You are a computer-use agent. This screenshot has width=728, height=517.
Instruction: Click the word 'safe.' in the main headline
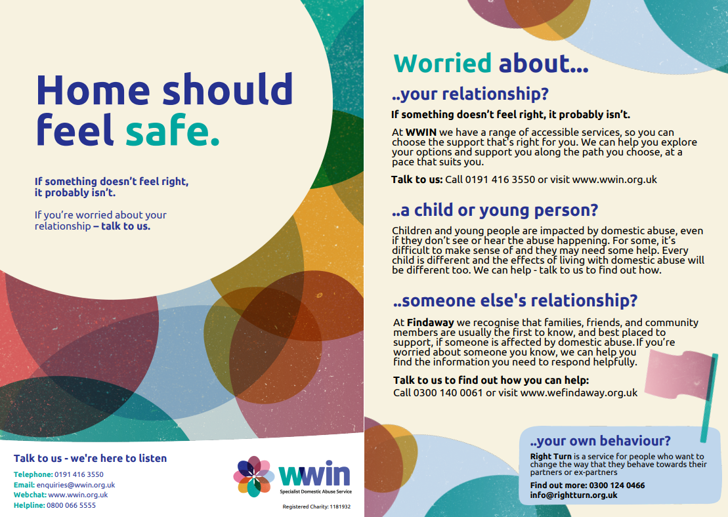172,130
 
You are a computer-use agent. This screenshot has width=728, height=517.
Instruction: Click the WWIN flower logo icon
253,476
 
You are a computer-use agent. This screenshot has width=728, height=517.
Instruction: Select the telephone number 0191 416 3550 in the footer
79,474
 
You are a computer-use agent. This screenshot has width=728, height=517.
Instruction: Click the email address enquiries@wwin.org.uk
75,485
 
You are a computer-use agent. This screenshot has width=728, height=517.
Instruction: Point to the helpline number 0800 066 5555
71,505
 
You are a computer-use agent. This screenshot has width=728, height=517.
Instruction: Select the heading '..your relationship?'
470,94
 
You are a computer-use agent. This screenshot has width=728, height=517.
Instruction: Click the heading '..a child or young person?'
495,210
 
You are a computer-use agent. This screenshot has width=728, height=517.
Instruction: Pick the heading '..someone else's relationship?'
515,300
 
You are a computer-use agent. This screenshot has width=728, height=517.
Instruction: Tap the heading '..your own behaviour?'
601,440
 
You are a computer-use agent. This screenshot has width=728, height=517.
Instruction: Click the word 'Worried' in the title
442,64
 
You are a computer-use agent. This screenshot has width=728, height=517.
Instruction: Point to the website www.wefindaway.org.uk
579,392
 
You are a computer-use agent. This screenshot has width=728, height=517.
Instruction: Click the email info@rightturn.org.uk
574,495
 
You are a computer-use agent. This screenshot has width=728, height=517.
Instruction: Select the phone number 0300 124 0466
617,486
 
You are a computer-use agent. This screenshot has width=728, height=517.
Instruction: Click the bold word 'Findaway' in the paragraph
431,323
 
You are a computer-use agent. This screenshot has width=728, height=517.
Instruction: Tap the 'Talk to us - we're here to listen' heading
90,459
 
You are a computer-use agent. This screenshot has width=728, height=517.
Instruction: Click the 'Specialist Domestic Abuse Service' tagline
316,491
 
